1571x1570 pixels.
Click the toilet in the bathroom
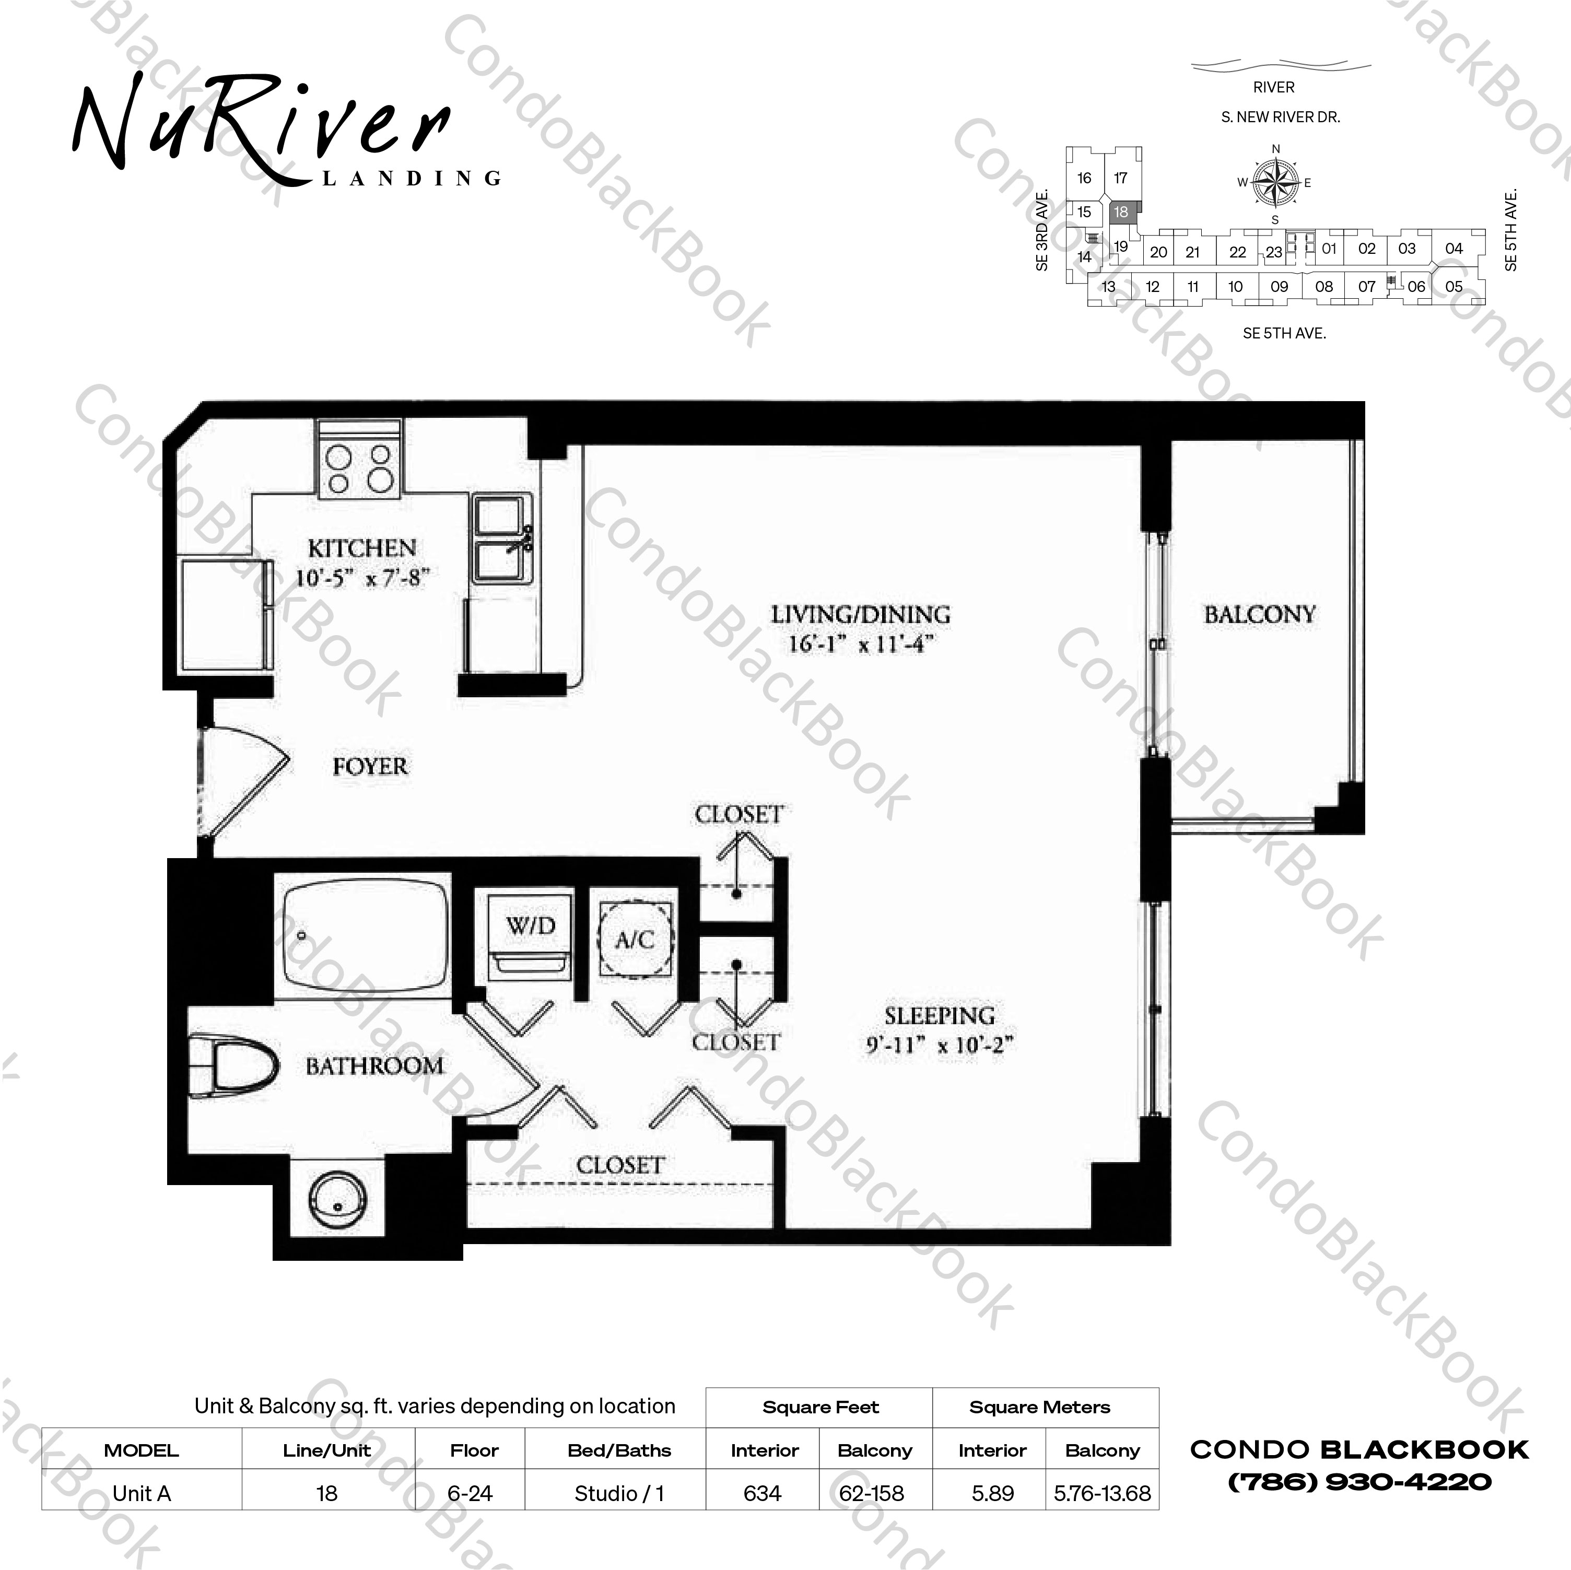coord(236,1064)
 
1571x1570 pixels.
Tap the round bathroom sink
coord(337,1198)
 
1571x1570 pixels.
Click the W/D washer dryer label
coord(530,925)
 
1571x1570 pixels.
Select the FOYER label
coord(370,766)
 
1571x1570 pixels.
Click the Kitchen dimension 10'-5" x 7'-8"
coord(362,578)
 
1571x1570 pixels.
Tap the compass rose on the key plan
coord(1275,182)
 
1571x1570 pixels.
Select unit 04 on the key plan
coord(1454,249)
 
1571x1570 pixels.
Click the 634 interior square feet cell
coord(762,1494)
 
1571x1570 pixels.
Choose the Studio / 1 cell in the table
coord(619,1494)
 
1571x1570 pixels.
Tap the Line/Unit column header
coord(327,1450)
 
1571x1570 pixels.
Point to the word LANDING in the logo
coord(412,178)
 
